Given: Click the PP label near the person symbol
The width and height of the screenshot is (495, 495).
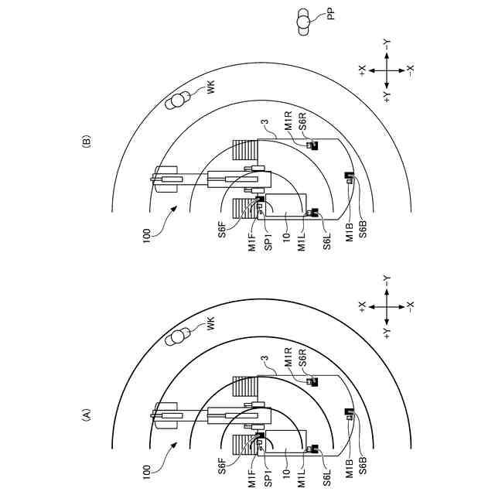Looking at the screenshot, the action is point(330,15).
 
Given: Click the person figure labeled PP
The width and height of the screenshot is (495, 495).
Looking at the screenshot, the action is point(303,22).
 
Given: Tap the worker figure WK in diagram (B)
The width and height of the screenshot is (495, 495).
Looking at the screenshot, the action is point(177,101).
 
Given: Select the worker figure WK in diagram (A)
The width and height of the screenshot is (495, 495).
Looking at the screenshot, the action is point(177,336).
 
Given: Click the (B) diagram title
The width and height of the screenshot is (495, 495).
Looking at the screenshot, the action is point(86,142).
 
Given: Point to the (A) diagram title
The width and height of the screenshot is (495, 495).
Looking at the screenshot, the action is point(86,415).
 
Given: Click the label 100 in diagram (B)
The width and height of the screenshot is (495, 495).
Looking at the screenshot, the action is point(147,236).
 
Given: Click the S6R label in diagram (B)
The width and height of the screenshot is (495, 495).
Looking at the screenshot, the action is point(302,121).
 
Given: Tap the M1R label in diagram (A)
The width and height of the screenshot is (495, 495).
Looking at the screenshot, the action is point(288,357).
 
